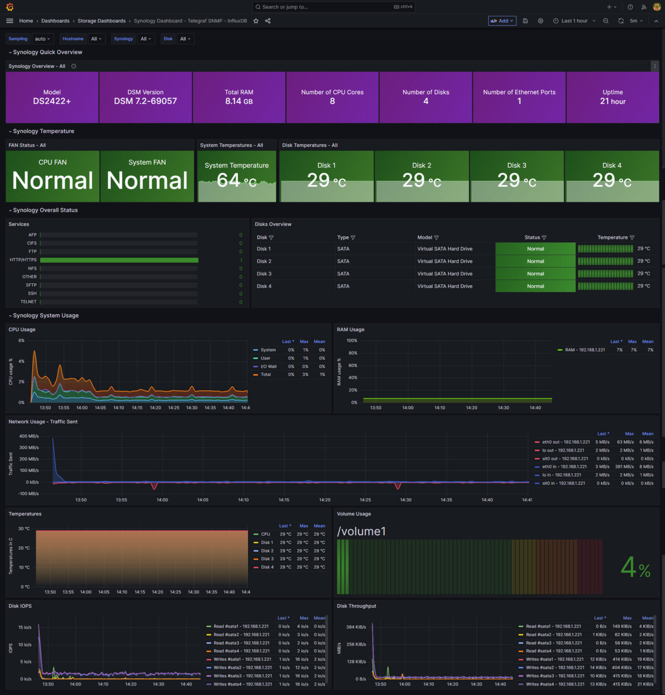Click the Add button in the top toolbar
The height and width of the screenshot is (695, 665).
[x=502, y=21]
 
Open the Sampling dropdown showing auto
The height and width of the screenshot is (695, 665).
[x=43, y=39]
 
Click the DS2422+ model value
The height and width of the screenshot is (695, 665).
[x=52, y=101]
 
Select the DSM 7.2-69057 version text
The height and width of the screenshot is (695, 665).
[x=145, y=101]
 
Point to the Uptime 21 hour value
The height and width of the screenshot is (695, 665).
[x=613, y=102]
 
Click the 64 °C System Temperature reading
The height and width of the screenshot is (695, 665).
[x=237, y=181]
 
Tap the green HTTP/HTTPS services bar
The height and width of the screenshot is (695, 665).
[x=119, y=260]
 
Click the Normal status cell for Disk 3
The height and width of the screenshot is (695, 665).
[x=535, y=274]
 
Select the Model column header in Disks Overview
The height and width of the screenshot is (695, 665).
[x=425, y=238]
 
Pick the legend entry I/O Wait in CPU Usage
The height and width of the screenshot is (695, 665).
[x=269, y=367]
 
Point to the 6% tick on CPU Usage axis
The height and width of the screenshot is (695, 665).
[x=21, y=341]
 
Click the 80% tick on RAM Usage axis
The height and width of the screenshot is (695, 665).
[x=353, y=353]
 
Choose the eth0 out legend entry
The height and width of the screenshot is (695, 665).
[x=566, y=442]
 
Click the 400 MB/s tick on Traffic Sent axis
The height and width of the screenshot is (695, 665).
[x=29, y=436]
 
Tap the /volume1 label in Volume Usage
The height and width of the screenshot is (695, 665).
[x=361, y=531]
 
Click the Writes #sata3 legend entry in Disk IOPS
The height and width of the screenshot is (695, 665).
[x=242, y=676]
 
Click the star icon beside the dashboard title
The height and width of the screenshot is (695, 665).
[x=256, y=21]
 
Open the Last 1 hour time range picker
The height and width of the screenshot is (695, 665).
[x=574, y=21]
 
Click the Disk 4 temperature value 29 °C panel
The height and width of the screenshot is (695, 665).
[x=612, y=181]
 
